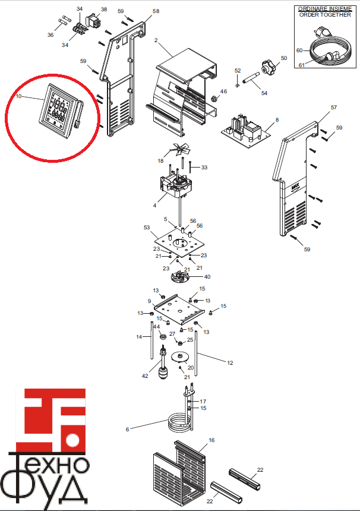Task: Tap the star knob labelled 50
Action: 268,67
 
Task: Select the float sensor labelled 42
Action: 163,363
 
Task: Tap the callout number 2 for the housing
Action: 156,40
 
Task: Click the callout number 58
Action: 156,11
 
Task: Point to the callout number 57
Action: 334,107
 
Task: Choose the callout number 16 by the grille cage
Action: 211,440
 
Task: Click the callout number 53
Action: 147,228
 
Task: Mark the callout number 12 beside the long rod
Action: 230,362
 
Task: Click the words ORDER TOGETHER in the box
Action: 325,15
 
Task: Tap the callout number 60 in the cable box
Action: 299,51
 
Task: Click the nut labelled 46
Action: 214,98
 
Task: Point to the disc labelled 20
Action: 179,357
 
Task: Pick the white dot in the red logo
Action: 72,440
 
